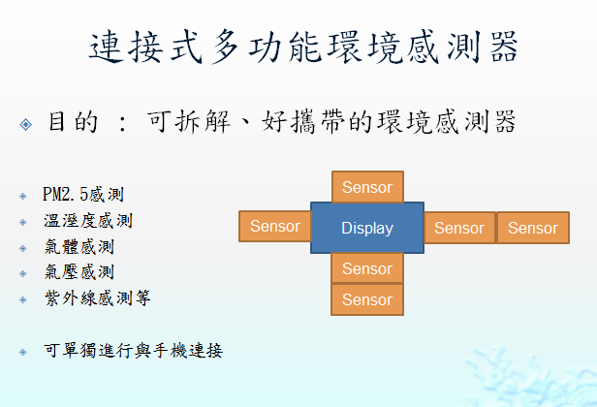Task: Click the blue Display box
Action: click(367, 228)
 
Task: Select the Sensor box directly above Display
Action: click(367, 187)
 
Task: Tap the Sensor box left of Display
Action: click(274, 227)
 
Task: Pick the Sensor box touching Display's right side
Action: click(459, 228)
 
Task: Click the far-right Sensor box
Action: click(533, 228)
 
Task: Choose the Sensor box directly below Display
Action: click(367, 268)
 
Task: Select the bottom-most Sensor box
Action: click(367, 299)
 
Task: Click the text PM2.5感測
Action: click(83, 196)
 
